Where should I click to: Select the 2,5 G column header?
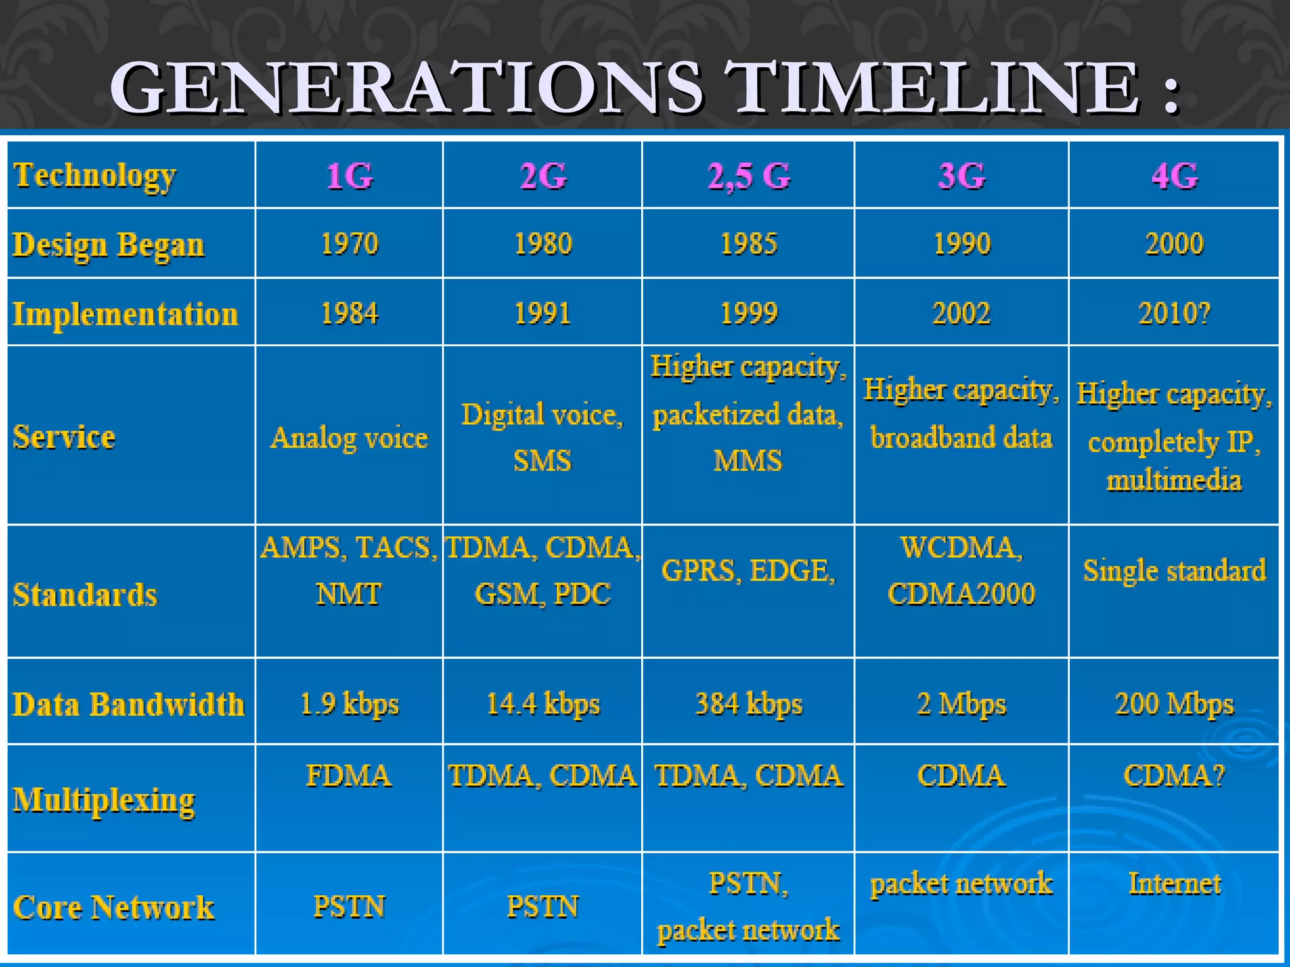coord(748,176)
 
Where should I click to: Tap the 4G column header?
coord(1174,176)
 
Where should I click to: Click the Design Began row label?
coord(109,245)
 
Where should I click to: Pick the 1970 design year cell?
coord(350,244)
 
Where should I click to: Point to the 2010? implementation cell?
coord(1174,313)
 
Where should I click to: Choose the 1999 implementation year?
coord(748,313)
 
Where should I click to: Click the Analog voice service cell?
coord(349,438)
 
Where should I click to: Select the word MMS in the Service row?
coord(748,461)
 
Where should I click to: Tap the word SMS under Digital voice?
coord(542,461)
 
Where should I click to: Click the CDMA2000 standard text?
coord(961,594)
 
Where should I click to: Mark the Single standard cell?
coord(1174,570)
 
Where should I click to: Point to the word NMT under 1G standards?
coord(349,594)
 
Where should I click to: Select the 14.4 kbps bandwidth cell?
coord(543,704)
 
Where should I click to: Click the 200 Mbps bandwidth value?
coord(1174,704)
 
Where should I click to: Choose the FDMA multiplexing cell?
coord(349,776)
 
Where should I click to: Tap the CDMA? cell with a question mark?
coord(1174,776)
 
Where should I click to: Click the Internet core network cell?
coord(1174,883)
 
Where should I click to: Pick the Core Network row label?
coord(113,907)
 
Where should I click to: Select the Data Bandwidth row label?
coord(128,704)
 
